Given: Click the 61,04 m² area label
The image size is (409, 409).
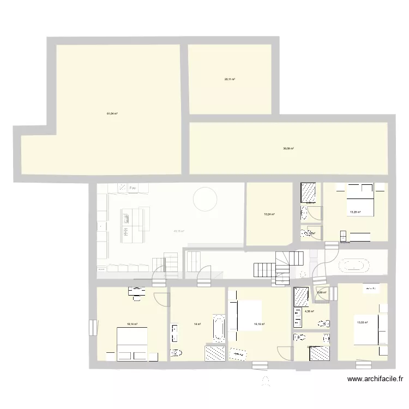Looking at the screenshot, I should (x=112, y=113).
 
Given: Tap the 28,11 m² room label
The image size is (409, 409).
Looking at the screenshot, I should (x=230, y=79).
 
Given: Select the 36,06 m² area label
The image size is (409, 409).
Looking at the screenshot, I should (x=288, y=148).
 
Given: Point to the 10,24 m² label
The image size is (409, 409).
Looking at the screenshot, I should (x=269, y=214).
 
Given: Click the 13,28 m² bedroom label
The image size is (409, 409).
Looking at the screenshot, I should (x=355, y=212).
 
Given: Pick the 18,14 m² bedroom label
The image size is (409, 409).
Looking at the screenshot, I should (x=132, y=324).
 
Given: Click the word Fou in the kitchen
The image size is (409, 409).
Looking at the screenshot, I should (x=133, y=188).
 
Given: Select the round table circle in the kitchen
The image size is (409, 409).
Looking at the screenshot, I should (x=205, y=199).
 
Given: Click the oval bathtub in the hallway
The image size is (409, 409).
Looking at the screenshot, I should (x=355, y=266).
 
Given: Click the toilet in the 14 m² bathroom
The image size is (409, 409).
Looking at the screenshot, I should (x=176, y=353).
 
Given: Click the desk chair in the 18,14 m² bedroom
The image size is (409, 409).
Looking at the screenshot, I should (x=137, y=297).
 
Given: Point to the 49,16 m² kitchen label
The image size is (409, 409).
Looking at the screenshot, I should (x=179, y=231).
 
